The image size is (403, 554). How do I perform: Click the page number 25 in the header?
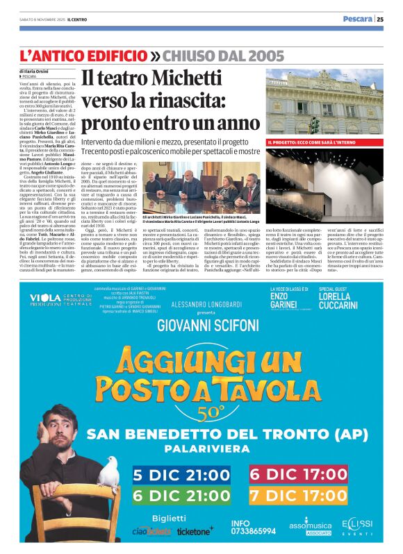[380, 19]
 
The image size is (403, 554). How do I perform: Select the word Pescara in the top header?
[356, 19]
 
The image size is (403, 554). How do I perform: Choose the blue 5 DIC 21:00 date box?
[182, 475]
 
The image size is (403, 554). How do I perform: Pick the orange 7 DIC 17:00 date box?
[298, 496]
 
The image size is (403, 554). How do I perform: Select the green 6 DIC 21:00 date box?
[182, 496]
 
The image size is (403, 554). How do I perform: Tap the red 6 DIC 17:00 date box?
[298, 475]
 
